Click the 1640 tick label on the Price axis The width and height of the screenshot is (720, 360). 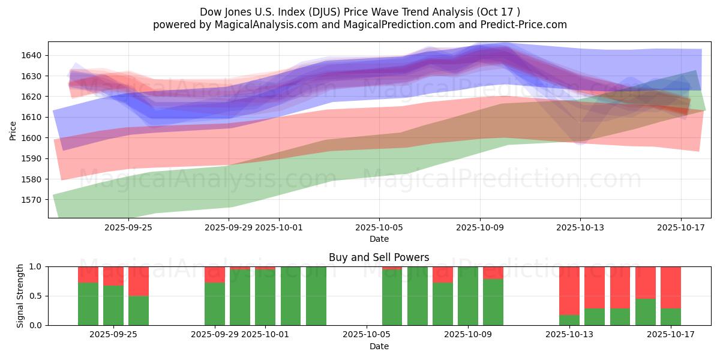pyautogui.click(x=34, y=55)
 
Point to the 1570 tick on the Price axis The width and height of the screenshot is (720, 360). pyautogui.click(x=34, y=200)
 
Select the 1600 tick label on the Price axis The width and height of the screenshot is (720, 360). pyautogui.click(x=34, y=138)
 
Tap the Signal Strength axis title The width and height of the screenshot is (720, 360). pyautogui.click(x=20, y=295)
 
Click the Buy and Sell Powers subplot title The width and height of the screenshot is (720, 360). pyautogui.click(x=379, y=257)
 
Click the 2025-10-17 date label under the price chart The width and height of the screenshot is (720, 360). pyautogui.click(x=680, y=227)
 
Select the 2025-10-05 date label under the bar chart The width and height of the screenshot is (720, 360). pyautogui.click(x=366, y=335)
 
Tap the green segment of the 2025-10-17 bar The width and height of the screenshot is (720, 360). pyautogui.click(x=671, y=317)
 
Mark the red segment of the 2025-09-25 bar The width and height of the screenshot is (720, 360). pyautogui.click(x=139, y=281)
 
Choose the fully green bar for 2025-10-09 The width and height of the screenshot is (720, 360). pyautogui.click(x=468, y=296)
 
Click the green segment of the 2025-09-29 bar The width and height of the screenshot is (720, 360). pyautogui.click(x=215, y=304)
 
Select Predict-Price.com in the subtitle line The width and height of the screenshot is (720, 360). pyautogui.click(x=527, y=25)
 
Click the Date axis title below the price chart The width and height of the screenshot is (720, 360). pyautogui.click(x=379, y=239)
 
